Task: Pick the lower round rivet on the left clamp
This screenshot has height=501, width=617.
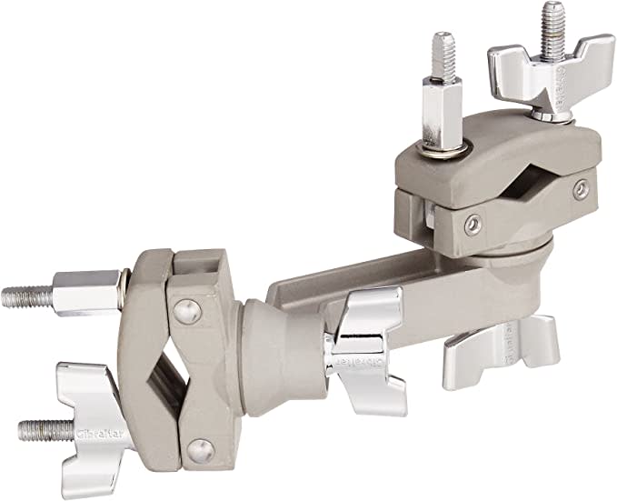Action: [x=202, y=447]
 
